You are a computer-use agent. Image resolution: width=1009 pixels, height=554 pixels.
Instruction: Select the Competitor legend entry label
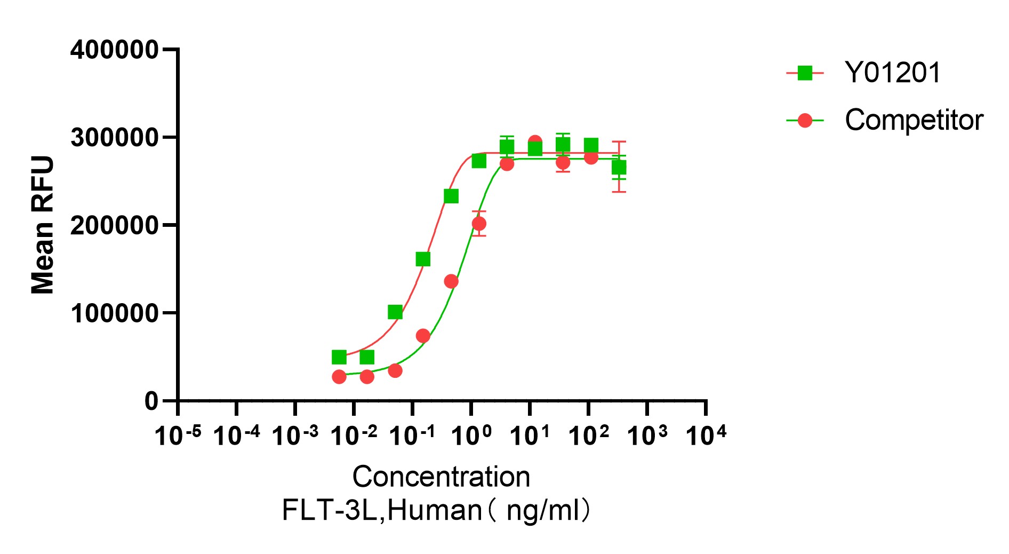(x=914, y=120)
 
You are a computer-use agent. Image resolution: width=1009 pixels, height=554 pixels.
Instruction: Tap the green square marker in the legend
(x=805, y=73)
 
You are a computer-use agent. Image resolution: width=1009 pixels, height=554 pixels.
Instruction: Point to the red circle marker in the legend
(x=805, y=121)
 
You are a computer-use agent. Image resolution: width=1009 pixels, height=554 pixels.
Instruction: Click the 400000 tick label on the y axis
(x=114, y=50)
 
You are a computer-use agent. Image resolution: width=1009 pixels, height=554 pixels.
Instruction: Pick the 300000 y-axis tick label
(x=114, y=138)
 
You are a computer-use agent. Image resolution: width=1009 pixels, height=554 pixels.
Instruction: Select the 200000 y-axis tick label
(x=114, y=226)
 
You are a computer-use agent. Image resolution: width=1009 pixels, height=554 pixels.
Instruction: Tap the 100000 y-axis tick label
(x=114, y=313)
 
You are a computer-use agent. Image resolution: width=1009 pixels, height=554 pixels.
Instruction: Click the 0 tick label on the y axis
(x=151, y=401)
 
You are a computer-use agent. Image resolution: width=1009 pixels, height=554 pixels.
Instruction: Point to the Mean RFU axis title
(x=43, y=225)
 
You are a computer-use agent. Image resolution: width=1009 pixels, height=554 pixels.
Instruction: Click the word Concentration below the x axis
(x=441, y=477)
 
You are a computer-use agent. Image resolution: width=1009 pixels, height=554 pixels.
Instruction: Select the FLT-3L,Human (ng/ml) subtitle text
(x=436, y=510)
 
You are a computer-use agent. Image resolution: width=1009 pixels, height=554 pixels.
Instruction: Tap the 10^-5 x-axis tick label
(x=178, y=436)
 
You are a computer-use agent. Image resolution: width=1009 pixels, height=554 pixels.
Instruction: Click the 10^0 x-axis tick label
(x=471, y=436)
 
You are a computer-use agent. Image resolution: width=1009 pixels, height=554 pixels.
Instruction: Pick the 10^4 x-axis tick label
(x=706, y=436)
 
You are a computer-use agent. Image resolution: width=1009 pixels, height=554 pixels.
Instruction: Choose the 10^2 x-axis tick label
(x=588, y=436)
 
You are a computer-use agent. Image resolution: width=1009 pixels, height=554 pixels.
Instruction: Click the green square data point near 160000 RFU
(x=423, y=259)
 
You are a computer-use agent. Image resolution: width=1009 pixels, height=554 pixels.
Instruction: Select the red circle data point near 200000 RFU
(x=479, y=224)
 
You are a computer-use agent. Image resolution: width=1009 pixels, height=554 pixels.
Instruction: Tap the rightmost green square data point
(x=619, y=168)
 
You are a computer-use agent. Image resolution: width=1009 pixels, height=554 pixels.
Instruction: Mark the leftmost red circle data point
(x=339, y=377)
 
